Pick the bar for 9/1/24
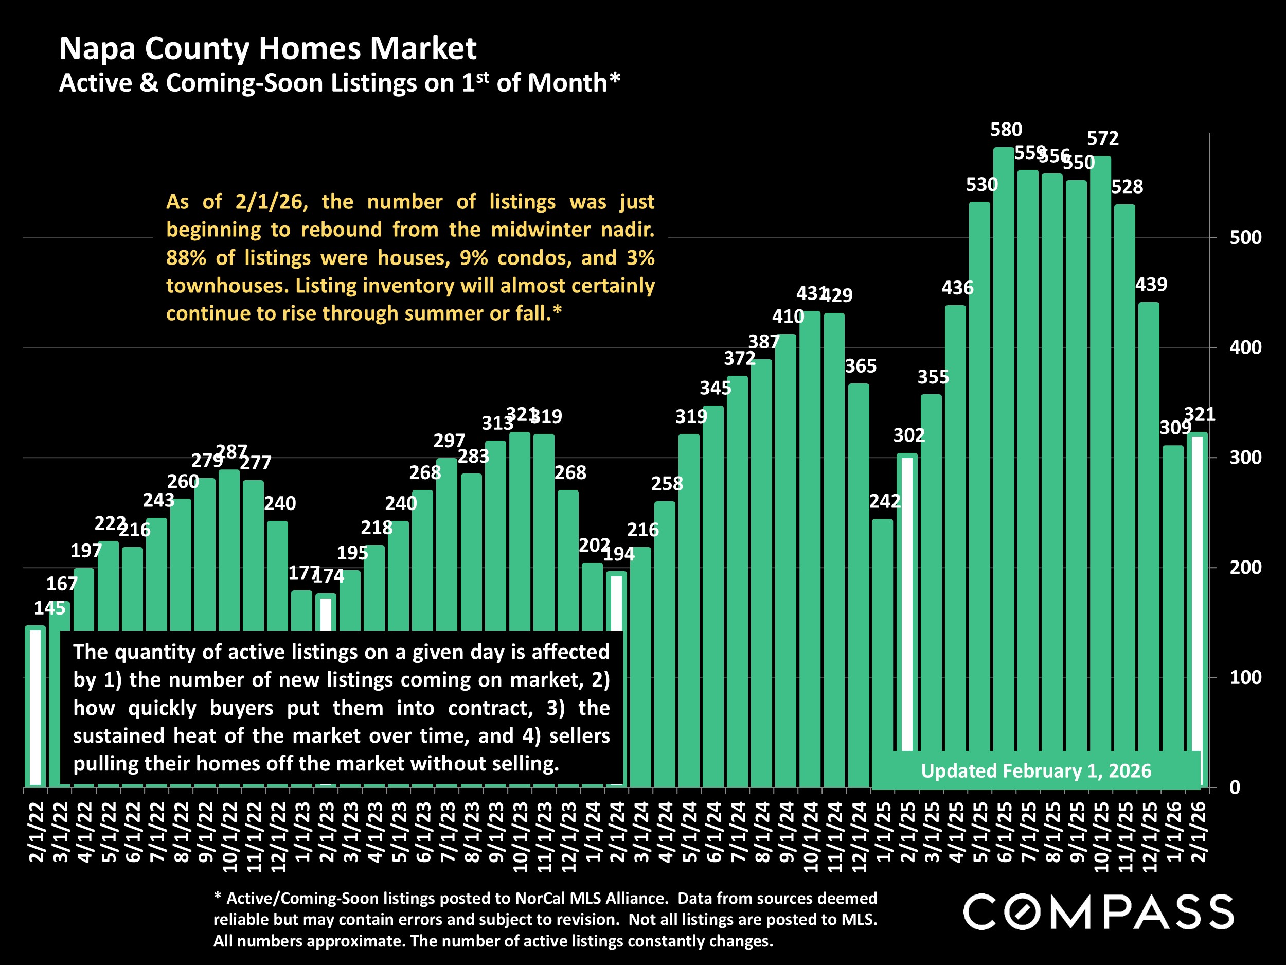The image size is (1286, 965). (x=785, y=558)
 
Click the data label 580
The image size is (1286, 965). (x=1006, y=130)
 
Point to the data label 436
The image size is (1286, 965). (x=957, y=288)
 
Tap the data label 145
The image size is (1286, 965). (x=49, y=608)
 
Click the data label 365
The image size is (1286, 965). (x=861, y=366)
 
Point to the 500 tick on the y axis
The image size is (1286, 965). (x=1245, y=238)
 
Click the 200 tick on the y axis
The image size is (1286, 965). (x=1245, y=568)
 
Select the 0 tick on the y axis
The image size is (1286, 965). (x=1235, y=787)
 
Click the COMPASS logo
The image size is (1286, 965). (x=1098, y=912)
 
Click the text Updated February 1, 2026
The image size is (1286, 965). (x=1036, y=771)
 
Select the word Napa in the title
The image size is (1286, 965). (x=97, y=48)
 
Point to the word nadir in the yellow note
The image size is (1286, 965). (x=631, y=230)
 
